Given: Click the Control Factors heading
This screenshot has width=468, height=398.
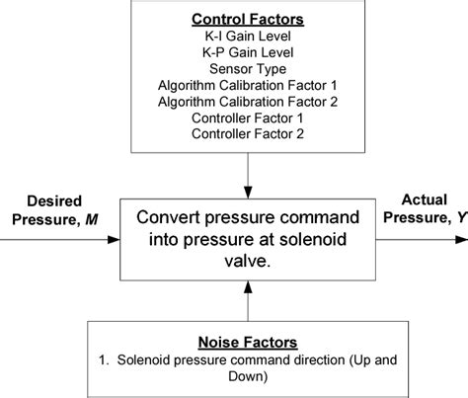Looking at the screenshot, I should (x=235, y=18).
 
